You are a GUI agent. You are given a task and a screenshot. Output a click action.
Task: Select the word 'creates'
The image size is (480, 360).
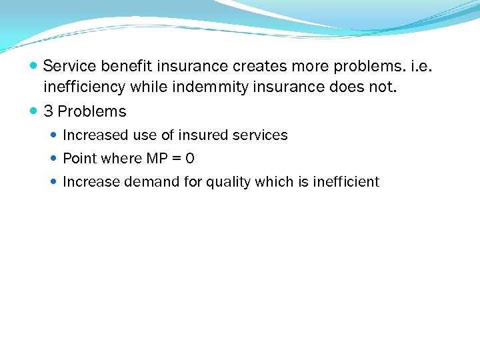pyautogui.click(x=257, y=66)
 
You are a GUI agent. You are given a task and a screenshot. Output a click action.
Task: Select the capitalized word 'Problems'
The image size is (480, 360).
pyautogui.click(x=92, y=111)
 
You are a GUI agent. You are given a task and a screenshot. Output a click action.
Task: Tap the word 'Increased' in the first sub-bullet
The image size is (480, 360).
pyautogui.click(x=95, y=135)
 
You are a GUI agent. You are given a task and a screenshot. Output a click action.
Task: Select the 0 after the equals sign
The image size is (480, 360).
pyautogui.click(x=190, y=159)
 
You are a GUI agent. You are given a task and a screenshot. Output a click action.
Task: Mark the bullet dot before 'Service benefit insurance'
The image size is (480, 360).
pyautogui.click(x=34, y=67)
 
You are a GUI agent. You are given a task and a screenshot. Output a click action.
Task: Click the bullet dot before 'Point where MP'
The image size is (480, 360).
pyautogui.click(x=55, y=159)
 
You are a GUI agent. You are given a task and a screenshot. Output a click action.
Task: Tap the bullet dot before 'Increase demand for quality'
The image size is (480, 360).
pyautogui.click(x=55, y=182)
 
